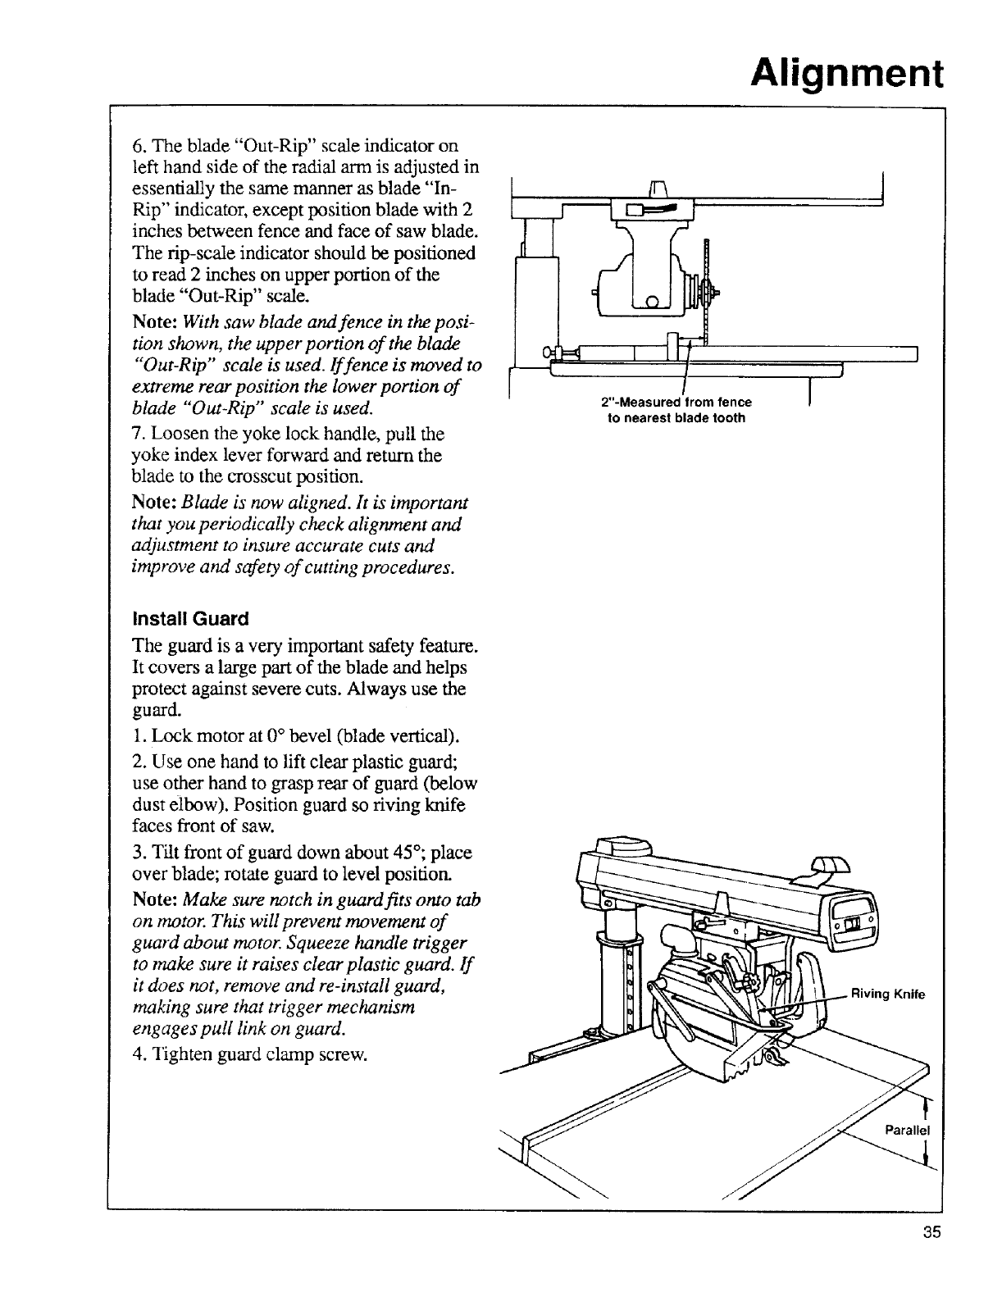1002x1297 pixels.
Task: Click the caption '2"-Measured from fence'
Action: [676, 403]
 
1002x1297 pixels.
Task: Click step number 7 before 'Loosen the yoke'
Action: [137, 433]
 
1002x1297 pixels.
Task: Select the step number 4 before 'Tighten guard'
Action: [137, 1054]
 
